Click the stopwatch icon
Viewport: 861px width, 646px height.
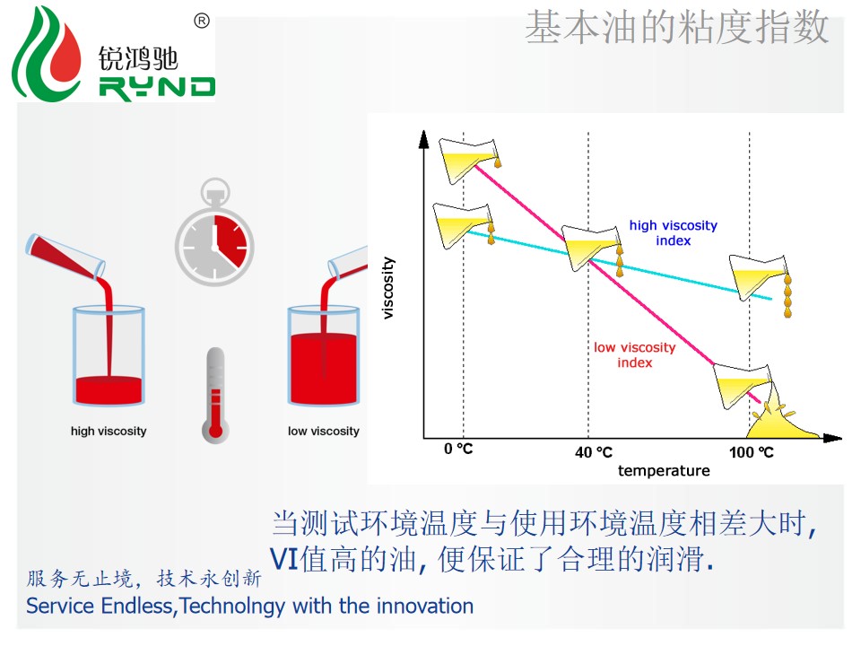pos(214,232)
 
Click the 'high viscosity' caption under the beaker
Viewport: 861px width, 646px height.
pos(109,432)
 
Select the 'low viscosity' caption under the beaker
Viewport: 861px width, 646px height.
pos(324,432)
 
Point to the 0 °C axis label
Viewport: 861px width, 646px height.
pos(458,449)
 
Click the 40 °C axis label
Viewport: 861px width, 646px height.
pos(594,452)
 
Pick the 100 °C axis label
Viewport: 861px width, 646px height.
pos(752,452)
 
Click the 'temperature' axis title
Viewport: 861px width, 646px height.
pos(664,471)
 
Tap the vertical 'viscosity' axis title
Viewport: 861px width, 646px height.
pos(387,288)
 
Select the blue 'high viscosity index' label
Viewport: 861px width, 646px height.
pos(674,233)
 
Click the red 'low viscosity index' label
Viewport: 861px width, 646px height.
pos(635,355)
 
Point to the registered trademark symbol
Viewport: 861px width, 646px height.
pos(202,21)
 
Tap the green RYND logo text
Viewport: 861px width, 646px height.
pos(157,89)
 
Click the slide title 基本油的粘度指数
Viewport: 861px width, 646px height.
pos(676,27)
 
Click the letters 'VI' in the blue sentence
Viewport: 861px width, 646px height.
pos(283,559)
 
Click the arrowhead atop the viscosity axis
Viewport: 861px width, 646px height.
pos(423,139)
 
